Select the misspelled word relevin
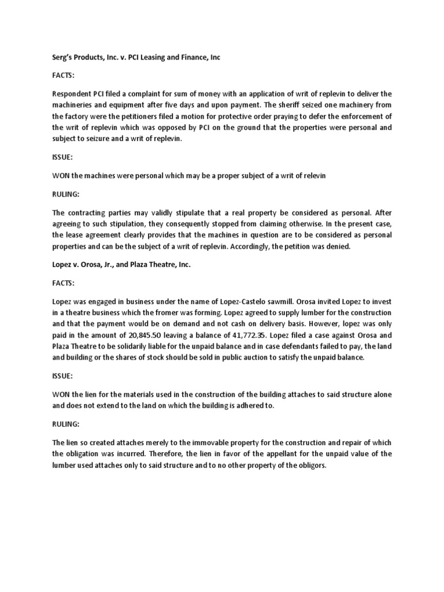pyautogui.click(x=315, y=176)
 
